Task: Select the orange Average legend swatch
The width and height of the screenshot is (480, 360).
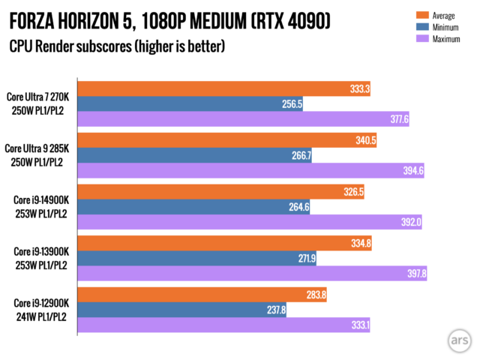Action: [x=419, y=14]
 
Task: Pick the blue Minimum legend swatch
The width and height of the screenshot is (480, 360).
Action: [x=419, y=26]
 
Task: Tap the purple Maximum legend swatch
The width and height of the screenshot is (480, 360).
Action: [x=419, y=38]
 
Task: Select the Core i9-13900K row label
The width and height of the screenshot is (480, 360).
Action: [x=41, y=256]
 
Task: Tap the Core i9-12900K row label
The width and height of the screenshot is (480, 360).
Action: [x=41, y=308]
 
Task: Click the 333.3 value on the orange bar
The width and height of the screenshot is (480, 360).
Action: [x=357, y=89]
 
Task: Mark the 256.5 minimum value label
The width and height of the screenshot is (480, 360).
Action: [x=290, y=104]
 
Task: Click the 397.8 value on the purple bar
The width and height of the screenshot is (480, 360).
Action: [x=413, y=273]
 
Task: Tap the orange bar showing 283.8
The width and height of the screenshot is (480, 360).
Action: [x=202, y=294]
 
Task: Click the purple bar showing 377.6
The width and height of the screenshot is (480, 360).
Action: [x=240, y=118]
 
